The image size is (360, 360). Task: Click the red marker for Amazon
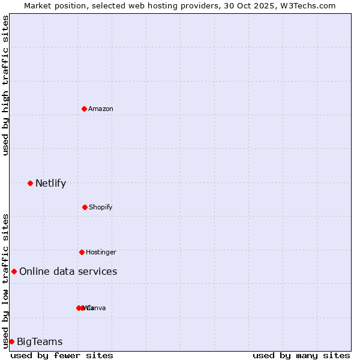84,109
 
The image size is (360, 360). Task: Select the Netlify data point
30,183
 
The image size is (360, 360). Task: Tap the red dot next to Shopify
85,207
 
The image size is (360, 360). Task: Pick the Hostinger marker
82,252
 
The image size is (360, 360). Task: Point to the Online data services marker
14,271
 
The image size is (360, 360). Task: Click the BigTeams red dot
11,341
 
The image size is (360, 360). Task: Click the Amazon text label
101,109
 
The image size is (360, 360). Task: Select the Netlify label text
50,183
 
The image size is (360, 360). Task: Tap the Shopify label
101,207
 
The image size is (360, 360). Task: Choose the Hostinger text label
101,252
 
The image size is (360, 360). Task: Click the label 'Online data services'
68,271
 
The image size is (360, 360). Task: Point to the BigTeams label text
40,341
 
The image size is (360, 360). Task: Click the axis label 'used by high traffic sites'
5,85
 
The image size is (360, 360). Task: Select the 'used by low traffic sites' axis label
5,281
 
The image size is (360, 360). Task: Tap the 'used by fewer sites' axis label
62,355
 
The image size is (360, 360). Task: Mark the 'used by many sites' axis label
301,355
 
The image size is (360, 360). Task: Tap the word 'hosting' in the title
171,5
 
